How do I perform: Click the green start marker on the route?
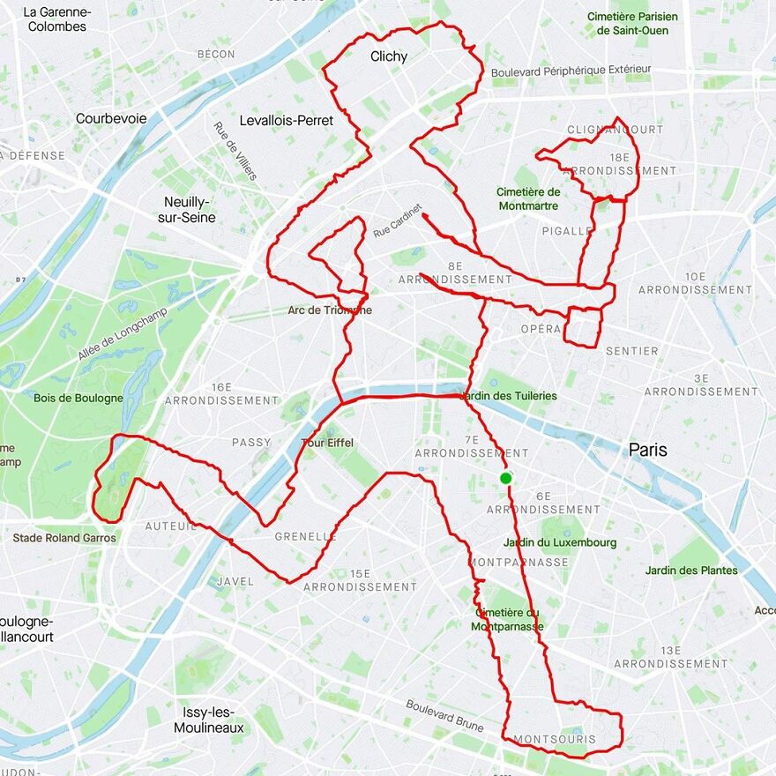pos(505,478)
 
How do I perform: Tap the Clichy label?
pos(389,56)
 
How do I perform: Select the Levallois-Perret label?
pos(287,120)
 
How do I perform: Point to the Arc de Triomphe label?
pos(330,310)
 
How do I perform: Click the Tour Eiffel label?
pos(327,443)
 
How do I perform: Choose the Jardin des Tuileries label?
pos(509,396)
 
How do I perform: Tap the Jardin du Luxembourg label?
pos(560,542)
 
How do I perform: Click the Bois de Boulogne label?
pos(78,398)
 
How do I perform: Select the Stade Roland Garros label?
pos(64,538)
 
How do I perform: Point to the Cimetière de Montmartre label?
pos(528,198)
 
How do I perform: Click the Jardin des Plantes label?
pos(691,571)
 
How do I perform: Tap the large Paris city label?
pos(648,450)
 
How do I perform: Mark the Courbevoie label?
pos(111,118)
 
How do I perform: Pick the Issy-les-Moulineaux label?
pos(208,720)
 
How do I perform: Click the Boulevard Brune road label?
pos(444,715)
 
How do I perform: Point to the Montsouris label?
pos(554,739)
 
